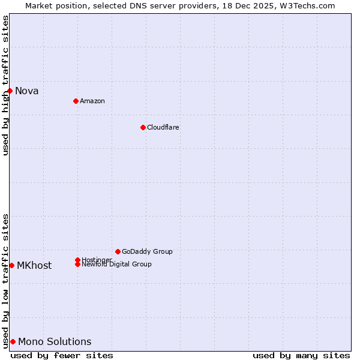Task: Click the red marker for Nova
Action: [10, 91]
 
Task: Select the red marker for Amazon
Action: [76, 101]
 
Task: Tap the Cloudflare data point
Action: [143, 127]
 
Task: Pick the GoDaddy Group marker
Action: [118, 251]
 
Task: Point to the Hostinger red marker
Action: [77, 260]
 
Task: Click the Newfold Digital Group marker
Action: [77, 264]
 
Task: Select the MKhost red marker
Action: [11, 265]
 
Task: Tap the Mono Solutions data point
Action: [13, 341]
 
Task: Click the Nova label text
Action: [27, 91]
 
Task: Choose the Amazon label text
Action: [92, 101]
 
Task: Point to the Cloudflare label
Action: [163, 127]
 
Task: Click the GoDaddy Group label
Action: [147, 251]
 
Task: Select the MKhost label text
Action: [34, 266]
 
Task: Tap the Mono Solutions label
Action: [55, 342]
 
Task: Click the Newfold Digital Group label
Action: [117, 265]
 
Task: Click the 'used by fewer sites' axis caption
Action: [62, 355]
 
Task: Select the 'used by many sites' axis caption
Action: [301, 355]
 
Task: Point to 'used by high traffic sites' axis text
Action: [5, 85]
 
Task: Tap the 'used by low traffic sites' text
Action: [5, 281]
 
